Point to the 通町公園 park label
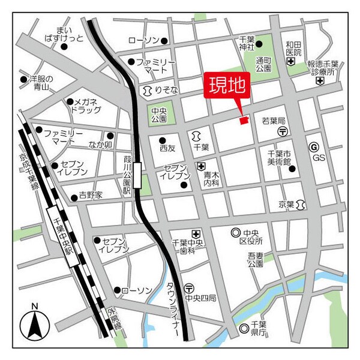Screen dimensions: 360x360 click(265, 64)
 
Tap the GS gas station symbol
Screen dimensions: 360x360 click(313, 146)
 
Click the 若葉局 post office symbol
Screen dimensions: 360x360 click(282, 131)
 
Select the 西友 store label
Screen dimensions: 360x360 click(167, 148)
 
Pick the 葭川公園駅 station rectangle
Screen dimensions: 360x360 click(138, 175)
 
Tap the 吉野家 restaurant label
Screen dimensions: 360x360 click(91, 196)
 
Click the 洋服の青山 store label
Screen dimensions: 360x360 click(41, 83)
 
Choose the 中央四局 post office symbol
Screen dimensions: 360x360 click(189, 288)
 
